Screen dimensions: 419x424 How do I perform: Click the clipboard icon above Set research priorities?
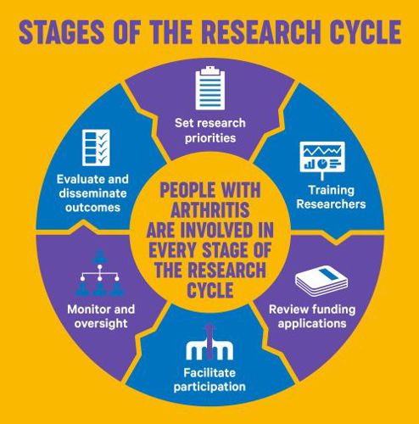pyautogui.click(x=210, y=88)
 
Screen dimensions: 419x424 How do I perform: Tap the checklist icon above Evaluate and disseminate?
pyautogui.click(x=96, y=148)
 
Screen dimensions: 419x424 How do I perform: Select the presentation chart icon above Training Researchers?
pyautogui.click(x=322, y=160)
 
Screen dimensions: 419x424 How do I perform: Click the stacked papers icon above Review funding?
pyautogui.click(x=321, y=281)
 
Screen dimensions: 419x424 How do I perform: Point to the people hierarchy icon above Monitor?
pyautogui.click(x=99, y=273)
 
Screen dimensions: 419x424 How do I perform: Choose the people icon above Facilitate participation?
pyautogui.click(x=209, y=343)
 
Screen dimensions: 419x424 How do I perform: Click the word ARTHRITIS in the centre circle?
pyautogui.click(x=210, y=209)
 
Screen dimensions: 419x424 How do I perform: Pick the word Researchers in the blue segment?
pyautogui.click(x=331, y=204)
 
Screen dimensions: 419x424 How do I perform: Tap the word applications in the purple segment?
pyautogui.click(x=312, y=324)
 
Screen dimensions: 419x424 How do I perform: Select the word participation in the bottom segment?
pyautogui.click(x=209, y=387)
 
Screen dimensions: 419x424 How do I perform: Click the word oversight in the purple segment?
pyautogui.click(x=101, y=324)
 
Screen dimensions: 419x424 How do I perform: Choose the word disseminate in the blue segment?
pyautogui.click(x=92, y=193)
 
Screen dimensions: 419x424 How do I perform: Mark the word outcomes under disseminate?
pyautogui.click(x=92, y=208)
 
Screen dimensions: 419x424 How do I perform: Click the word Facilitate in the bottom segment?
pyautogui.click(x=209, y=372)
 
